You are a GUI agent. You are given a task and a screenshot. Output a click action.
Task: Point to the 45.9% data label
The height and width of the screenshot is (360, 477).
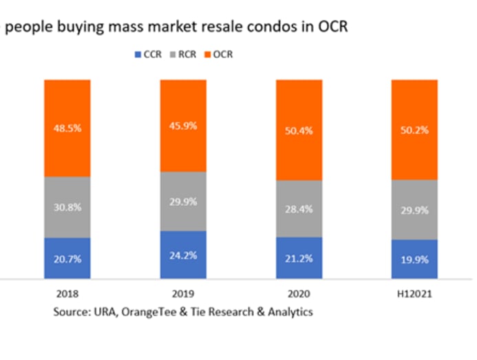coord(183,126)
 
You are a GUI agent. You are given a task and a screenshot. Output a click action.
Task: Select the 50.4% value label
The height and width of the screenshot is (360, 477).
coord(299,131)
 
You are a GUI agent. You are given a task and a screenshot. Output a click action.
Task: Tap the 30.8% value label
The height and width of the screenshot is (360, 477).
coord(67,207)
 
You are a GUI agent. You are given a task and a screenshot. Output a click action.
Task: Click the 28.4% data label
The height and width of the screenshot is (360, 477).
coord(299,209)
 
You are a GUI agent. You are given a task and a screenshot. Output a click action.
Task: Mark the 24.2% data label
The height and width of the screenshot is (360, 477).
coord(183,255)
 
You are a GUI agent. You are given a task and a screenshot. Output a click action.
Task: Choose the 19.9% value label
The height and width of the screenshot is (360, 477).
coord(414,260)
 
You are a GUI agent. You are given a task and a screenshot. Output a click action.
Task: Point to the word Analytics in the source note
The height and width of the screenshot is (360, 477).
coord(289,312)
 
